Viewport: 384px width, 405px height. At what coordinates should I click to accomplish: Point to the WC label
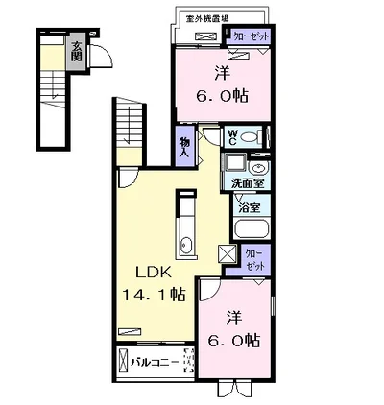pos(234,138)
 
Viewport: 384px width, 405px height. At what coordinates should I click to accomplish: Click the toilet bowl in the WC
pos(251,137)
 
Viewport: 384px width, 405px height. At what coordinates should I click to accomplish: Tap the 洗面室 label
pos(249,181)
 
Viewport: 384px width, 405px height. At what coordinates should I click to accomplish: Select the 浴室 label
pos(248,205)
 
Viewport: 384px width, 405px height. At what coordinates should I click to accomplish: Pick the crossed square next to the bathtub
pos(228,254)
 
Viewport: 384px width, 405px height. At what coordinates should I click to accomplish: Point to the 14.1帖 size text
pos(150,296)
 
